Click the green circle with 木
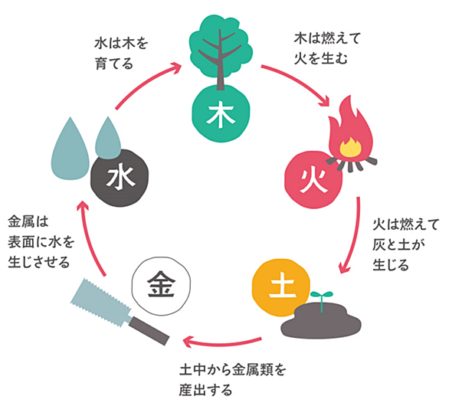click(221, 113)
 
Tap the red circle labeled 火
click(313, 180)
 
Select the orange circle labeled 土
click(281, 288)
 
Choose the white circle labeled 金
click(161, 286)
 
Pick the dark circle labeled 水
click(120, 178)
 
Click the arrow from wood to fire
click(300, 82)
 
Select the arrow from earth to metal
click(222, 344)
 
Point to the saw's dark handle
click(149, 331)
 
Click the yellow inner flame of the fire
click(350, 147)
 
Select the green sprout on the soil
click(322, 300)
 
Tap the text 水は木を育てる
click(121, 54)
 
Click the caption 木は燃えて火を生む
click(327, 48)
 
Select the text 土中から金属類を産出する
click(232, 380)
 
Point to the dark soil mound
click(321, 321)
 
